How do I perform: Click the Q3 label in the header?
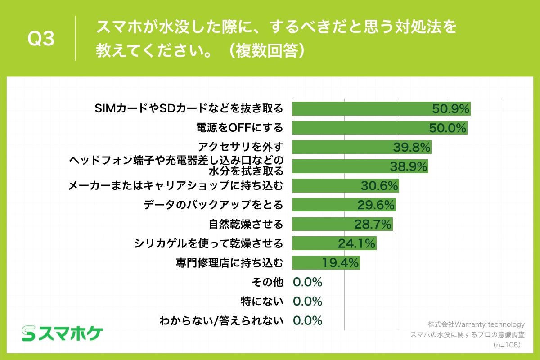41,39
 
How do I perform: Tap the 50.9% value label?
450,108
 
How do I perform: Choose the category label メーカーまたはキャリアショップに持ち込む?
175,185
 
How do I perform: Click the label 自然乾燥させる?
246,224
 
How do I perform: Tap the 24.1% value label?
356,243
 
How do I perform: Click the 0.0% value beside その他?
308,282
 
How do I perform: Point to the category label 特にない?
262,301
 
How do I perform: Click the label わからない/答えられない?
221,320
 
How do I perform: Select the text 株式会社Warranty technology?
476,324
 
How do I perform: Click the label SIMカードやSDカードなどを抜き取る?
189,108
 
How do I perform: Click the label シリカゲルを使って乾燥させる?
209,243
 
